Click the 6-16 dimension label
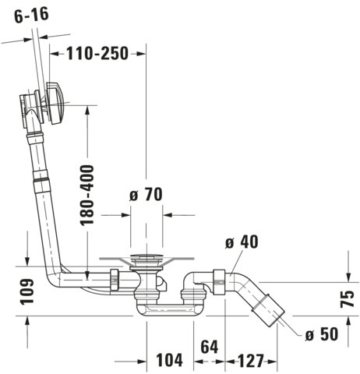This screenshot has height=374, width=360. click(31, 15)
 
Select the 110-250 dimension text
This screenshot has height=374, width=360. click(97, 54)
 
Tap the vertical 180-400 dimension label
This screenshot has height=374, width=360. click(86, 195)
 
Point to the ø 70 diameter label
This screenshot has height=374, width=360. click(146, 194)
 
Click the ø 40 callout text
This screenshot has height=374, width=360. click(242, 242)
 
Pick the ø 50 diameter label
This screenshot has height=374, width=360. click(322, 333)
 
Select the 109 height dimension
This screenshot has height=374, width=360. click(27, 291)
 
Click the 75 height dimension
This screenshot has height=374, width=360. click(348, 298)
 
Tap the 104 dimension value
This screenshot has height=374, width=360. click(169, 360)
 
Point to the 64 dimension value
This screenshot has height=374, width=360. click(210, 346)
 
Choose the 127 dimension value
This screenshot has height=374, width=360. click(250, 361)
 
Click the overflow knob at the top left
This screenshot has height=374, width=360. click(55, 103)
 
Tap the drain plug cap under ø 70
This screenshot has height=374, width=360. click(146, 256)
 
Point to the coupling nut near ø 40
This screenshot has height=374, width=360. click(219, 282)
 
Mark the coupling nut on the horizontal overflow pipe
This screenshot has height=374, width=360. click(115, 280)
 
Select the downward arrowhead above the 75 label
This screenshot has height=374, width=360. click(348, 277)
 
